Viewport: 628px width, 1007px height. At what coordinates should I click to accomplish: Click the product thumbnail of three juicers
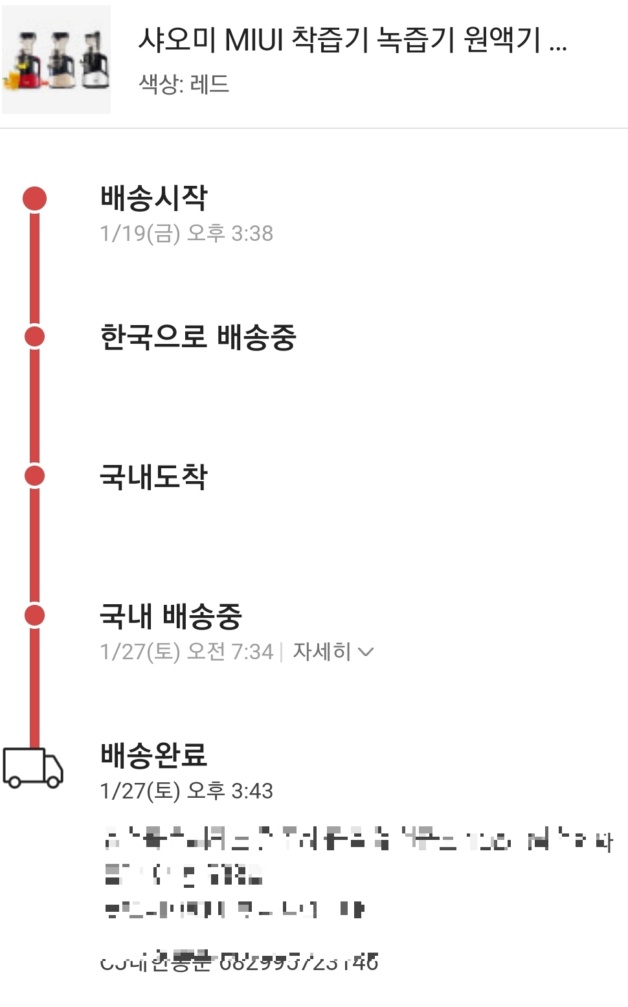click(56, 60)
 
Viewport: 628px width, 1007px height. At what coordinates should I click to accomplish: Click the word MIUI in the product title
click(254, 40)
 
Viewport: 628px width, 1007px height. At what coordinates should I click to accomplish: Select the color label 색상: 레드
click(184, 84)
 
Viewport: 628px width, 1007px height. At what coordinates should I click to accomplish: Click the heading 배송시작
click(153, 198)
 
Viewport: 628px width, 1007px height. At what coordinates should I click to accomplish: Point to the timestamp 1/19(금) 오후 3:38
click(186, 233)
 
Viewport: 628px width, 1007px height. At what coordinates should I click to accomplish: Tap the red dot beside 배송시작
click(35, 198)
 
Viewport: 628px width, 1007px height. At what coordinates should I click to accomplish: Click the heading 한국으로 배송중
click(198, 337)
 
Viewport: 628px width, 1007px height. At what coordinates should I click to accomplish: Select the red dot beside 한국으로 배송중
click(35, 337)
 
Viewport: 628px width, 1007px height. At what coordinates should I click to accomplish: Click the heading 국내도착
click(153, 477)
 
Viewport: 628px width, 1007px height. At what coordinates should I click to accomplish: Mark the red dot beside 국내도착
click(35, 476)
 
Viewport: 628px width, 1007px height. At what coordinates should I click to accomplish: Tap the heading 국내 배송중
click(170, 616)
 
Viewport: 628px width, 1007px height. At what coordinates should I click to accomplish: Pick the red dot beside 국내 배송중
click(35, 615)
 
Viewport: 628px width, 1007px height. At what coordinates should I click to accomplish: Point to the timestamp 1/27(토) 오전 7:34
click(186, 651)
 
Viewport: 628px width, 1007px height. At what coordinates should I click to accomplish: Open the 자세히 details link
click(322, 651)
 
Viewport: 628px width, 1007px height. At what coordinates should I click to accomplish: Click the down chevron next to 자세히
click(366, 651)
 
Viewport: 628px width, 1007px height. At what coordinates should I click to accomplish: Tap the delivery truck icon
click(33, 768)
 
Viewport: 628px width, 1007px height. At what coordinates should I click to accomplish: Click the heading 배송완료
click(153, 755)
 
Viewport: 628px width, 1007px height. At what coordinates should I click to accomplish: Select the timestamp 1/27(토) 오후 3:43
click(186, 791)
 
